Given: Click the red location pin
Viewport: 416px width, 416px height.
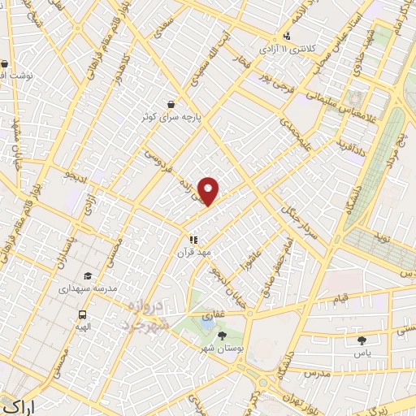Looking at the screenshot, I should [x=209, y=191].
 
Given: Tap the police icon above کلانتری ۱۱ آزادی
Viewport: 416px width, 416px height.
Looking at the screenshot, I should [x=288, y=36].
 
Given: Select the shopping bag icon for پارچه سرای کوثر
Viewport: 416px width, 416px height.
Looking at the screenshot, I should [x=171, y=104].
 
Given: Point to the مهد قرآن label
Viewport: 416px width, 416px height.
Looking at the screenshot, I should [x=194, y=253].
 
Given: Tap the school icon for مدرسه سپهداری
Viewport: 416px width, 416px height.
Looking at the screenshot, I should [x=88, y=276].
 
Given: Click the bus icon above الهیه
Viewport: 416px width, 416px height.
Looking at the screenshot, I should [x=82, y=314].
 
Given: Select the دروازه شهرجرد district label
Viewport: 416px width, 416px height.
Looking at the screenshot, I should [x=146, y=314].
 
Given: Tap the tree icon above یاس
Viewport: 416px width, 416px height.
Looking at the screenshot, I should [x=362, y=340].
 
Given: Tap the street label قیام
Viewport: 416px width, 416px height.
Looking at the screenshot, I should [x=341, y=301].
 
